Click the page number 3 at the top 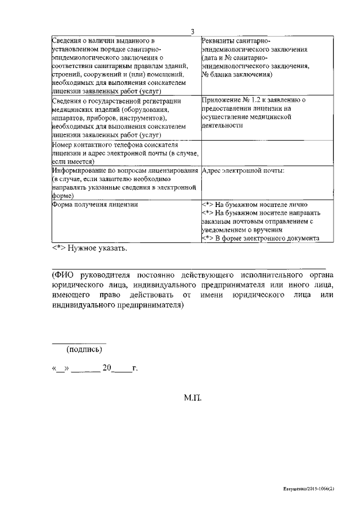(x=192, y=31)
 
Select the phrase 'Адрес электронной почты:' (x=242, y=170)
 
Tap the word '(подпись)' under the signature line (x=84, y=349)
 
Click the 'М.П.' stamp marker (x=192, y=397)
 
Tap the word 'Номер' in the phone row (x=61, y=145)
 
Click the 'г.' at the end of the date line (x=134, y=369)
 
